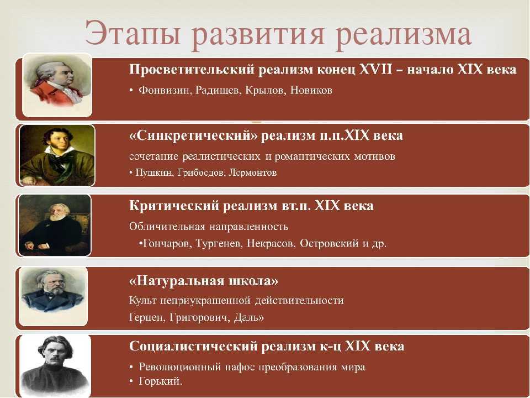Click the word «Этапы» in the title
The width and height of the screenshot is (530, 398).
[132, 34]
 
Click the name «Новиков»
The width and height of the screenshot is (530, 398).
[311, 90]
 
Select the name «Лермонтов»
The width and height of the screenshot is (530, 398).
[253, 172]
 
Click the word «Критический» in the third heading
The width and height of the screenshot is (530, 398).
[174, 206]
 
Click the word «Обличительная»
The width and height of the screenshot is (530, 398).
[167, 227]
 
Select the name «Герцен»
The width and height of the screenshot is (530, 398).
[146, 317]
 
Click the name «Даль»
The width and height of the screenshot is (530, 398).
[247, 317]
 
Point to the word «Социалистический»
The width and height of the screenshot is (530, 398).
[193, 346]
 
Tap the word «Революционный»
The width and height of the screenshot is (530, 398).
[180, 367]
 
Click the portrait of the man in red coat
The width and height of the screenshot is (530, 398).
[57, 85]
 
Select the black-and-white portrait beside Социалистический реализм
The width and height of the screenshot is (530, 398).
[55, 366]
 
